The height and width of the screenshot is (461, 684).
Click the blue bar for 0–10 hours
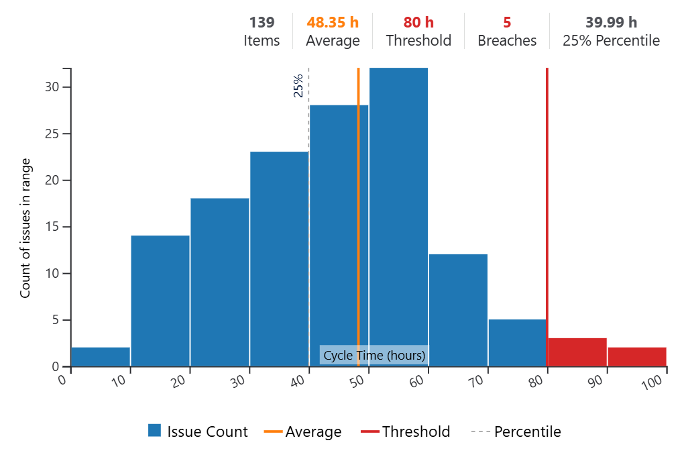[x=101, y=357]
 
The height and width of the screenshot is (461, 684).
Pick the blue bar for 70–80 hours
[x=517, y=343]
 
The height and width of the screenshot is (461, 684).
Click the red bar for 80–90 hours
[x=577, y=352]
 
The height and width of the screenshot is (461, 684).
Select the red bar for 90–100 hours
[x=636, y=357]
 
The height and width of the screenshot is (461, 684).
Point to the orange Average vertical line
[x=358, y=201]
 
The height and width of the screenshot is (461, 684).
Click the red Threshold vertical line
[x=547, y=201]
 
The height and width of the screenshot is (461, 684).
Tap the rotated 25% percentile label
[x=298, y=86]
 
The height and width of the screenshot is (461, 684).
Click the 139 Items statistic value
[x=262, y=23]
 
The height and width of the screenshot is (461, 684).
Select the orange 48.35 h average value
[x=333, y=23]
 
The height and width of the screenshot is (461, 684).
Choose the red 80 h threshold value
[x=418, y=23]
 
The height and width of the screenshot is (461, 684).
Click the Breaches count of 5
[x=507, y=23]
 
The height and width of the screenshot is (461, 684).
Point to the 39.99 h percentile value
[x=611, y=23]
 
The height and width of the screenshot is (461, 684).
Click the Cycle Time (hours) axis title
[x=374, y=355]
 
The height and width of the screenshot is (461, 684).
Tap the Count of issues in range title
[x=25, y=228]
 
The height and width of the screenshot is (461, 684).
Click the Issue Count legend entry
[x=198, y=431]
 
